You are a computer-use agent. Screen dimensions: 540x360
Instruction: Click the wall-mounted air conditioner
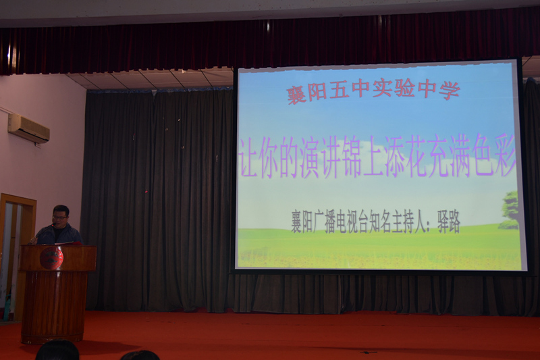pos(28,128)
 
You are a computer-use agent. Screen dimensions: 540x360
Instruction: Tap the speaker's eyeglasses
pos(60,217)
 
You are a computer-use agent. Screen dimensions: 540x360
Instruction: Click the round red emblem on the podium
pos(52,258)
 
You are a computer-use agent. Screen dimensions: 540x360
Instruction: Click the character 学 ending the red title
pos(450,91)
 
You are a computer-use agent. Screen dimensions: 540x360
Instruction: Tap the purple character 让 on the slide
pos(248,157)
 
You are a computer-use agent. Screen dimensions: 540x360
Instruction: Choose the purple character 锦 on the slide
pos(350,157)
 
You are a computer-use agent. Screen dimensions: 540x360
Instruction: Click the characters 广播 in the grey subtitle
pos(325,222)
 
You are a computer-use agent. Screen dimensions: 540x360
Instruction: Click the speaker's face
pos(61,217)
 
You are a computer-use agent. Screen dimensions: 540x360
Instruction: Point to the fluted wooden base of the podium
pos(53,307)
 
